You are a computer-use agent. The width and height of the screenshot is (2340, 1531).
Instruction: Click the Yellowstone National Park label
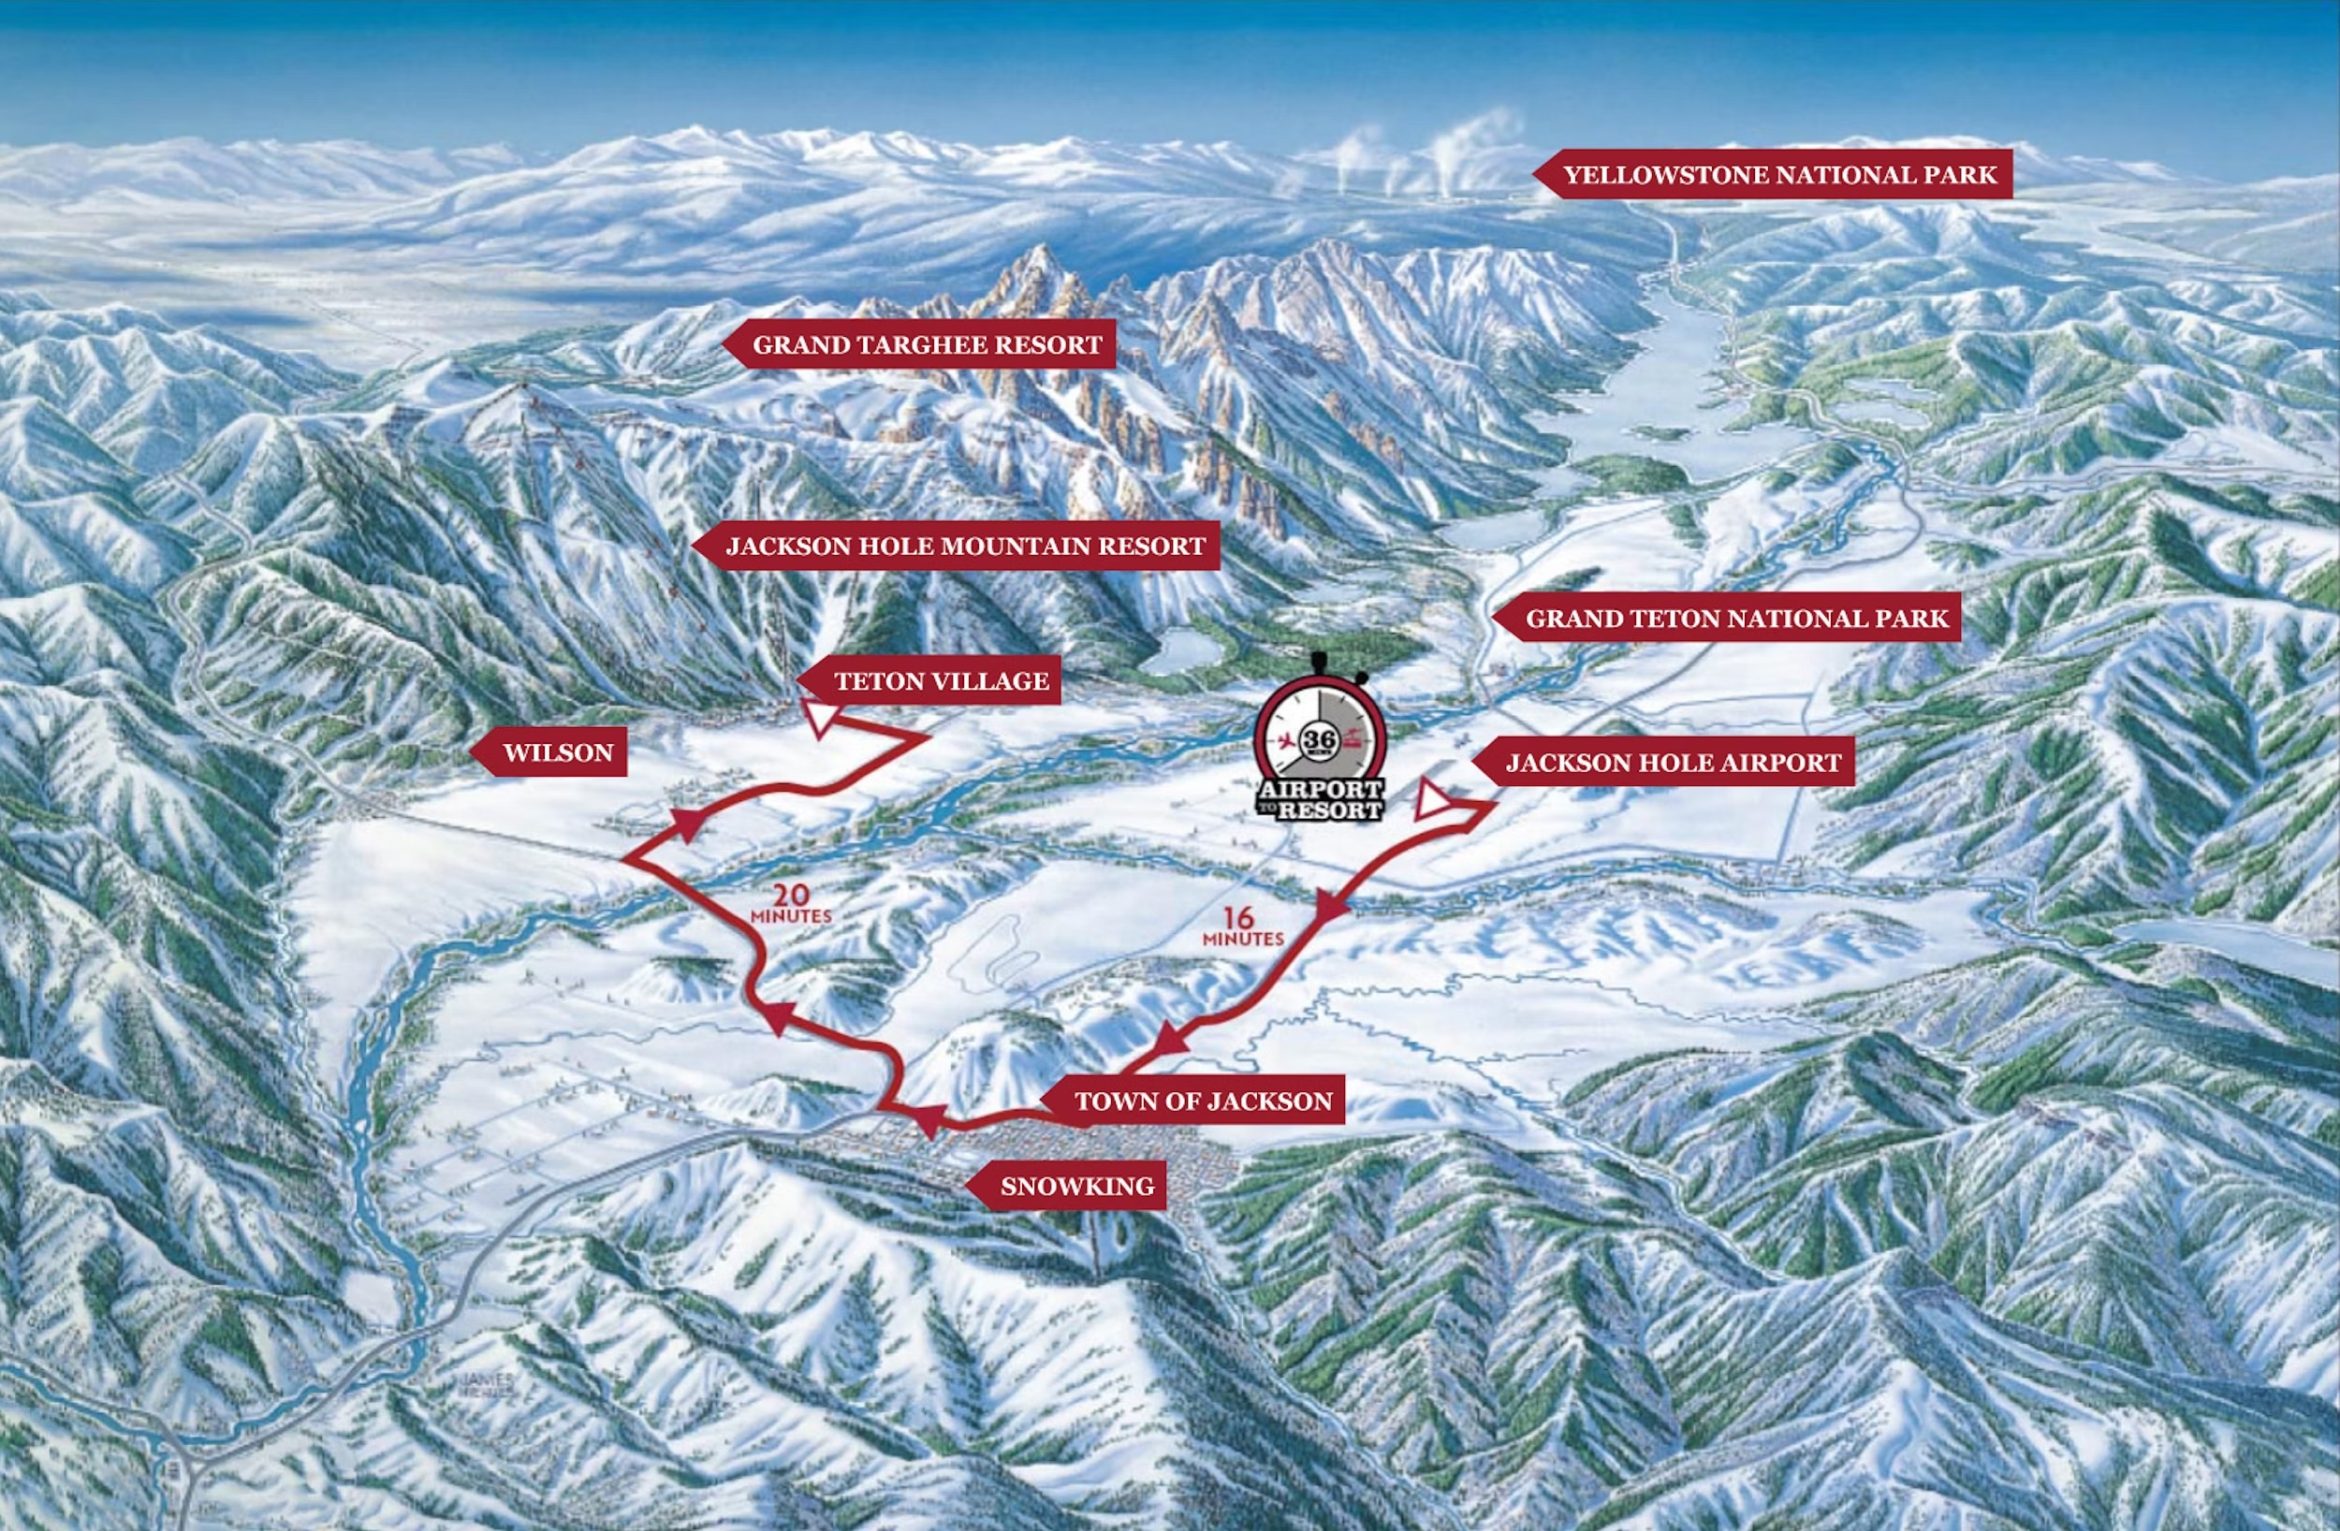1779,175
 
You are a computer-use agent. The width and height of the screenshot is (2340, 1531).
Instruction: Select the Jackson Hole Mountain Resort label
964,546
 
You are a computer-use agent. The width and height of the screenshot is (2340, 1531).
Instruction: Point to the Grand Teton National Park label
1735,619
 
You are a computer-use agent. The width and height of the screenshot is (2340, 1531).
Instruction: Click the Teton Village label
940,680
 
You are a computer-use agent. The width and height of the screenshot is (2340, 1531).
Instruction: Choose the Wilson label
558,753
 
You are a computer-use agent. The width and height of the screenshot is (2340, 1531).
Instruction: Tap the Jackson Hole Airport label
1673,763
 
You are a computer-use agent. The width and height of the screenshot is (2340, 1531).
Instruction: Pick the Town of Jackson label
1203,1101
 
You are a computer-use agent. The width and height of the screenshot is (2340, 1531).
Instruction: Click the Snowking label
1076,1186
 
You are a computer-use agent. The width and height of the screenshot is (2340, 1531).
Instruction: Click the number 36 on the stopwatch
1320,739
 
